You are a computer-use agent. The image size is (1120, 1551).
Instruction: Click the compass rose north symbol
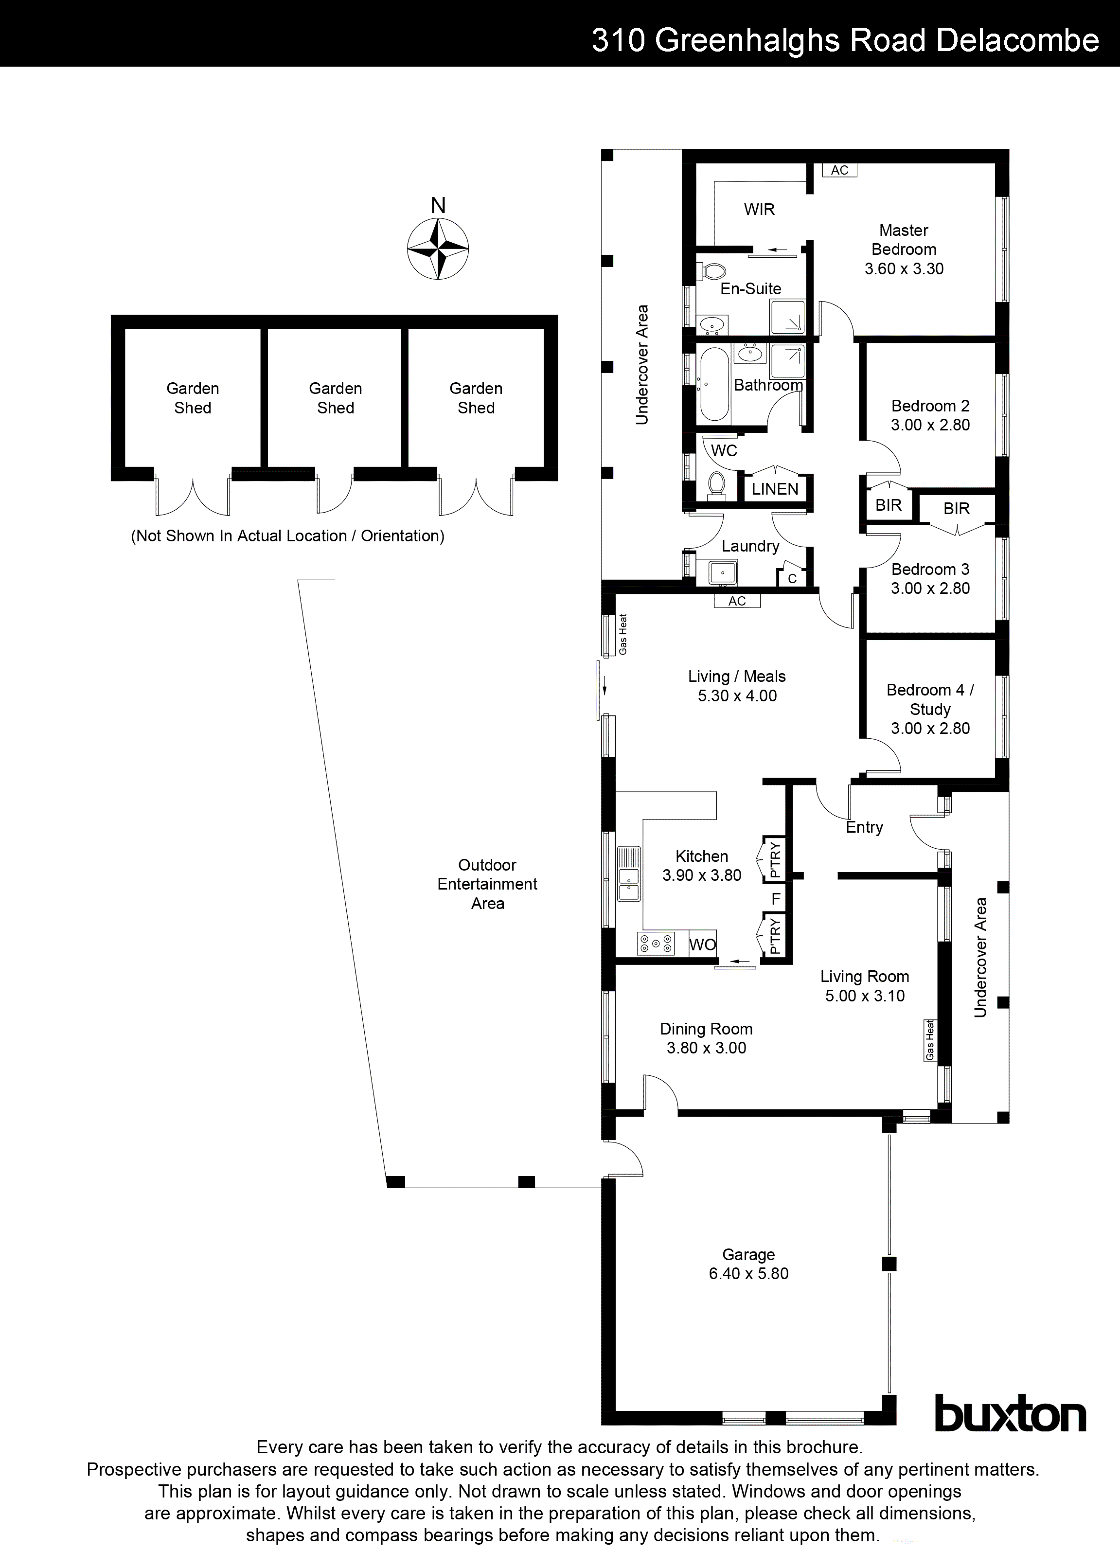438,248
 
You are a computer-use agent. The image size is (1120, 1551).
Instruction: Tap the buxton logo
1010,1415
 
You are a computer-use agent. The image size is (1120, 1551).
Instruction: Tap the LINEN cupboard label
775,489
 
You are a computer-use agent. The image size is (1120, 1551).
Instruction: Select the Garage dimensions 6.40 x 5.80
749,1273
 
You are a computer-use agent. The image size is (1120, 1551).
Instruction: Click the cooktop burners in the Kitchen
656,944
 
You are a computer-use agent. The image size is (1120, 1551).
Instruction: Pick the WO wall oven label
702,945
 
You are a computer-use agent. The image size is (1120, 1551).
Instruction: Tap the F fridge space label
775,898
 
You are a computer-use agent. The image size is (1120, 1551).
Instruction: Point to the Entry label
864,827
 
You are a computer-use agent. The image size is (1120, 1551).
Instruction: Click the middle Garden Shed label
335,398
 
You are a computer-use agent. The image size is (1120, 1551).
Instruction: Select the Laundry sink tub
722,571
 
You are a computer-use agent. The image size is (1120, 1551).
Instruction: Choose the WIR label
759,209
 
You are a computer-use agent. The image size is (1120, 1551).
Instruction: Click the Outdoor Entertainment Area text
487,884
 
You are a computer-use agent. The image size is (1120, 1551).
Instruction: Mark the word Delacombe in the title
1017,40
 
